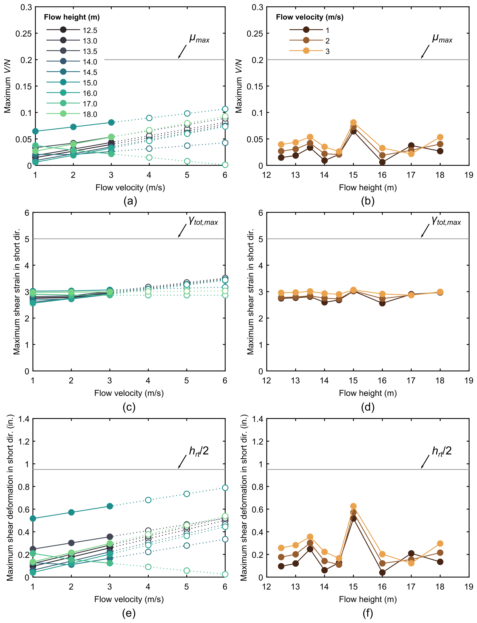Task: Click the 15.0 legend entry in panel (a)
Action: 90,83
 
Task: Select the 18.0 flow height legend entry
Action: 90,114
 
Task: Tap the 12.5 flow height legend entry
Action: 90,30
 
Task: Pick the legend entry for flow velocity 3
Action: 327,51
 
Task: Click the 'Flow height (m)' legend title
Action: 72,17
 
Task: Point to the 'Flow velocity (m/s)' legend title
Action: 309,17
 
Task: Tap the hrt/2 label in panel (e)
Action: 199,451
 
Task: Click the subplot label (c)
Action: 129,407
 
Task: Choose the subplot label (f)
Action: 368,613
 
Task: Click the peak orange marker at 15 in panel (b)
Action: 353,123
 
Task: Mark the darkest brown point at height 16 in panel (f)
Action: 382,573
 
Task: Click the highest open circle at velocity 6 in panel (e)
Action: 225,488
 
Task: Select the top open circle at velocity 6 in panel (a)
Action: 225,109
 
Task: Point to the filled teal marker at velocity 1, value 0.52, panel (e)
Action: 33,519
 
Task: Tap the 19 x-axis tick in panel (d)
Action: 469,381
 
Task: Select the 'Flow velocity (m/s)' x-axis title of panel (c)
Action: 129,393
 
